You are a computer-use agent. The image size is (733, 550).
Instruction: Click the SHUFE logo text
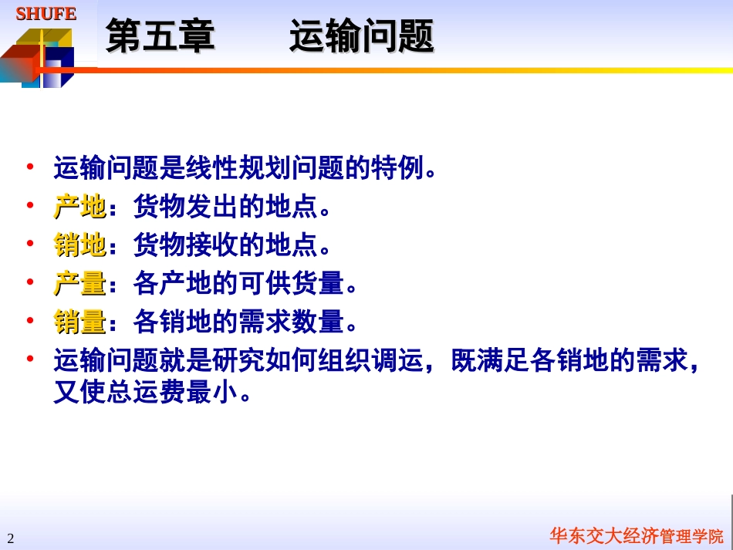pyautogui.click(x=46, y=14)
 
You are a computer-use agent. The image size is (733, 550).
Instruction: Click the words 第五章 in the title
pyautogui.click(x=160, y=36)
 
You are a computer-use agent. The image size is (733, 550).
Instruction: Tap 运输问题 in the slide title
pyautogui.click(x=361, y=36)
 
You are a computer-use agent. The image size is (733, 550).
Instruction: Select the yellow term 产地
pyautogui.click(x=79, y=207)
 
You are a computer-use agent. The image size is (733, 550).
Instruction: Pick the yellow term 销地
pyautogui.click(x=79, y=245)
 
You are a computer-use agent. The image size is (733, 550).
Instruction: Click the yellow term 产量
pyautogui.click(x=79, y=284)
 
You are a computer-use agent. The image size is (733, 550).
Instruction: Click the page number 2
pyautogui.click(x=11, y=538)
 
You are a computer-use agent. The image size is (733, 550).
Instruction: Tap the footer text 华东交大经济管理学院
pyautogui.click(x=636, y=536)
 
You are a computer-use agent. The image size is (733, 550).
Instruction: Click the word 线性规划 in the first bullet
pyautogui.click(x=264, y=168)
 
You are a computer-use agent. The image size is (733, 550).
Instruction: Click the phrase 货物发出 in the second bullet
pyautogui.click(x=185, y=207)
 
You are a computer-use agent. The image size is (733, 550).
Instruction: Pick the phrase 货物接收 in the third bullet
pyautogui.click(x=185, y=245)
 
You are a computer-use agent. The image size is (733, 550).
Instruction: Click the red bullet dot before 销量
pyautogui.click(x=30, y=319)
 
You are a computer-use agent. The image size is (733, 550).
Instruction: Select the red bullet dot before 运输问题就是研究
pyautogui.click(x=30, y=358)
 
